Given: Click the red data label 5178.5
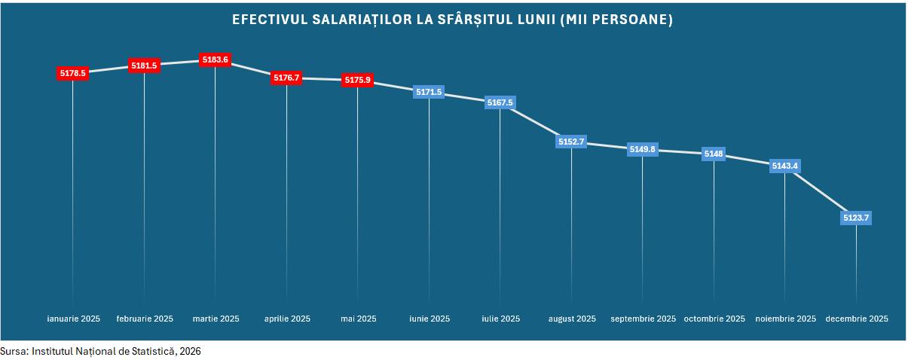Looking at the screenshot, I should click(73, 73).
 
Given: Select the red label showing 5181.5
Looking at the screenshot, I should click(144, 66).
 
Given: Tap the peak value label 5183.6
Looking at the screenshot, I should click(216, 59).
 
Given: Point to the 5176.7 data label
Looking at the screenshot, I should click(286, 78).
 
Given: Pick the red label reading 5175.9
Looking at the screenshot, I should click(357, 80).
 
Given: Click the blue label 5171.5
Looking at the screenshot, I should click(429, 92).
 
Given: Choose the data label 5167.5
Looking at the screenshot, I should click(500, 102).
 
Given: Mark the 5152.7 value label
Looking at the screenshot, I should click(571, 142).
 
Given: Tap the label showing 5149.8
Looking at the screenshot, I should click(642, 149).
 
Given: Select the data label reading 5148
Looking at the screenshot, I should click(714, 154).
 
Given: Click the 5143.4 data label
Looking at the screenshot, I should click(784, 166).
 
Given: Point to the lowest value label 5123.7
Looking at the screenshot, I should click(856, 218).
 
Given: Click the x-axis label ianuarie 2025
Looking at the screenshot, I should click(73, 319).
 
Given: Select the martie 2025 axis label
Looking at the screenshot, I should click(216, 319).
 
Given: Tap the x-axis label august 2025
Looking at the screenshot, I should click(571, 319).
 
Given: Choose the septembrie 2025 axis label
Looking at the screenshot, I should click(643, 319).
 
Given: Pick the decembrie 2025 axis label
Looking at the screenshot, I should click(857, 319).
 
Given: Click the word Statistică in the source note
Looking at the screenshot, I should click(151, 351).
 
